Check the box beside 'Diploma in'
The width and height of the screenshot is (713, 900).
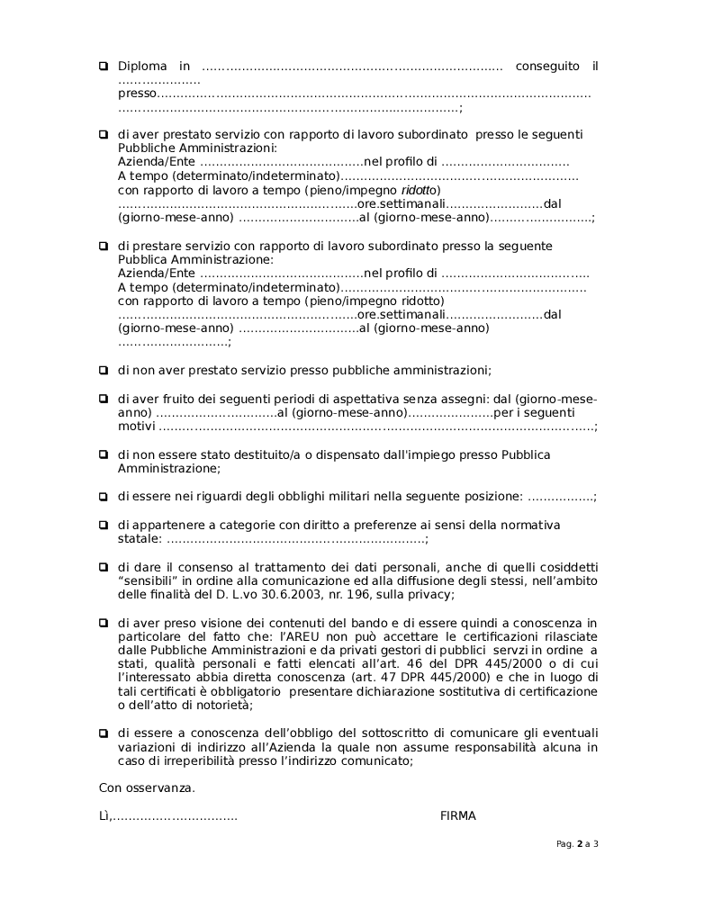104,66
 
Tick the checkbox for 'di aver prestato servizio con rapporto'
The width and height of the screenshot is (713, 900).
104,134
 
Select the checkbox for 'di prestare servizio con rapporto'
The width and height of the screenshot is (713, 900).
104,246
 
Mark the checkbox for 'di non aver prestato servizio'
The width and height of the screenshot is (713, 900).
104,369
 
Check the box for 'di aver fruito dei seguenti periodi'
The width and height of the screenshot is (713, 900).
104,398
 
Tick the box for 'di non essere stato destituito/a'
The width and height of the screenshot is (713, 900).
104,454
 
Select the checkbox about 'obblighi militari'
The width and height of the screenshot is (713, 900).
104,496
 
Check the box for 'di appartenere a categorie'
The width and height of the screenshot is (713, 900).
104,525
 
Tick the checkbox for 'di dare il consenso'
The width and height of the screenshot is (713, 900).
104,567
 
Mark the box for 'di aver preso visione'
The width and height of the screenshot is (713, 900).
104,622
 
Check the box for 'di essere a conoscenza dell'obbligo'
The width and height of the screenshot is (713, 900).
104,733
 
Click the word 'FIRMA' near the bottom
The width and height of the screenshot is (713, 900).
458,815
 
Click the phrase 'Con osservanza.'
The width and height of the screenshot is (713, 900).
147,787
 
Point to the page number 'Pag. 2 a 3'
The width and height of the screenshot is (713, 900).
577,844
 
